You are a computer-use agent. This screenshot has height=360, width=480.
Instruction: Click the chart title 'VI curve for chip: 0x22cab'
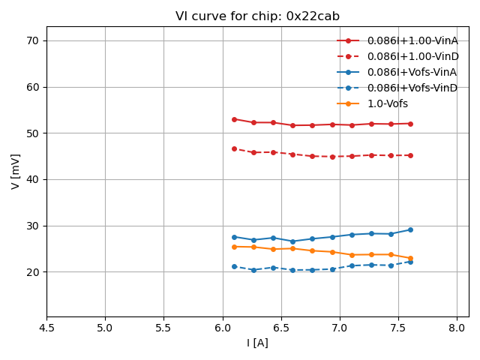(x=257, y=16)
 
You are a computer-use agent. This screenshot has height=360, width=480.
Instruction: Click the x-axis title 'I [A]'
(x=257, y=343)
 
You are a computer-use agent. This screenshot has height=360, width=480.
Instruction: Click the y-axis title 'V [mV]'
(x=16, y=172)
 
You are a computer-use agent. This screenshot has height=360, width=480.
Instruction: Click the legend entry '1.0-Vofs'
(x=388, y=103)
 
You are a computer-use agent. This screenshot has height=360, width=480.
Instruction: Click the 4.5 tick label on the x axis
(x=46, y=328)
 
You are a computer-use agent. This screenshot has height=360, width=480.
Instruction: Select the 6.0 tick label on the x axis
(x=223, y=328)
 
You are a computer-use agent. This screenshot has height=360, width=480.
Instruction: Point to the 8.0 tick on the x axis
(x=457, y=328)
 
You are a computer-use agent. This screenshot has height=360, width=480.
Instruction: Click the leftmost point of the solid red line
(x=234, y=119)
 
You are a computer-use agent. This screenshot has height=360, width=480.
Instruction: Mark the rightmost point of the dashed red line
(x=410, y=155)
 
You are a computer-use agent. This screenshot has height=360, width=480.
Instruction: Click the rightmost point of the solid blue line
(x=410, y=229)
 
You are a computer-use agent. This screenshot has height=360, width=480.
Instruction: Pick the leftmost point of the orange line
(x=234, y=247)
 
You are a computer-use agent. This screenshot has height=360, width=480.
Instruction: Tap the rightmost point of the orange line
(x=410, y=258)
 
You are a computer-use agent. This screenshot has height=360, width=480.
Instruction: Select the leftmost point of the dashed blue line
(x=234, y=266)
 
